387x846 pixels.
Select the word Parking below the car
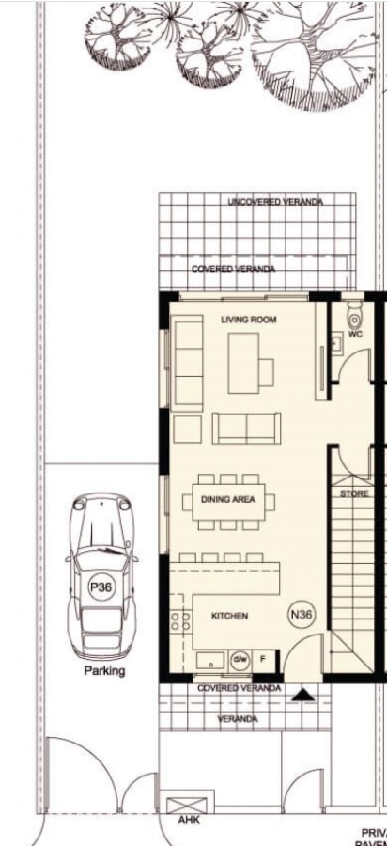(x=104, y=671)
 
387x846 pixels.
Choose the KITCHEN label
(x=229, y=616)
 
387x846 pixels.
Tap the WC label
(x=355, y=334)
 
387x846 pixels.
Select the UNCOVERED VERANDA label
(x=275, y=203)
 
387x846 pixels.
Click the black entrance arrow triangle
(x=302, y=695)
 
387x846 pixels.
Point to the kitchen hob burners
(x=176, y=621)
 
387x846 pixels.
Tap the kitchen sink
(x=208, y=659)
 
